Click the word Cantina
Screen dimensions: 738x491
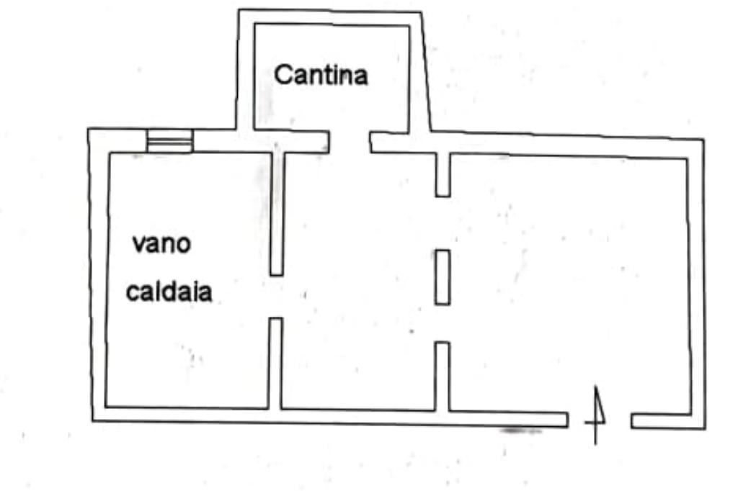point(321,74)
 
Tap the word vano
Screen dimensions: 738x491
point(161,243)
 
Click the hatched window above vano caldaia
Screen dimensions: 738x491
point(169,140)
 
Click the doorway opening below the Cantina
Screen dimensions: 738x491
point(350,141)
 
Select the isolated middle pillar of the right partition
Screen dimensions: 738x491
point(443,276)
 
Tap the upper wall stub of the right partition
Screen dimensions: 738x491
point(443,174)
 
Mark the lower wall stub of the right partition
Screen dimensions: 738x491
point(443,376)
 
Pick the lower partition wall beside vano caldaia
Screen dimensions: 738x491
point(275,363)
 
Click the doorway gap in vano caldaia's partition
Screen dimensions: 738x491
point(275,296)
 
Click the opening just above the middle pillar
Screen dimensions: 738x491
point(443,223)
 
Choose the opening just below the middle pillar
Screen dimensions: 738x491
point(443,323)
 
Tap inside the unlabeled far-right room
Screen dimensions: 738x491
point(569,281)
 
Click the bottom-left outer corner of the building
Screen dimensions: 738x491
point(93,420)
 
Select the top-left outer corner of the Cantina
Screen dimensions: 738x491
point(239,10)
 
